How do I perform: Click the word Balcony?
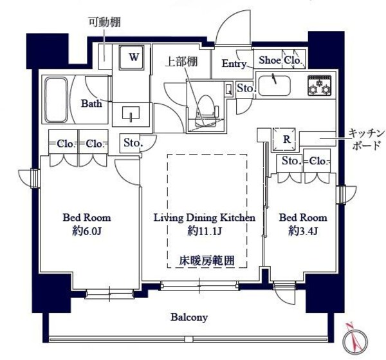click(189, 317)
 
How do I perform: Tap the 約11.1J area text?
click(204, 230)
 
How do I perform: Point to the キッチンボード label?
click(366, 138)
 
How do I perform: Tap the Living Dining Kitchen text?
click(204, 218)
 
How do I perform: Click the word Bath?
click(91, 103)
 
